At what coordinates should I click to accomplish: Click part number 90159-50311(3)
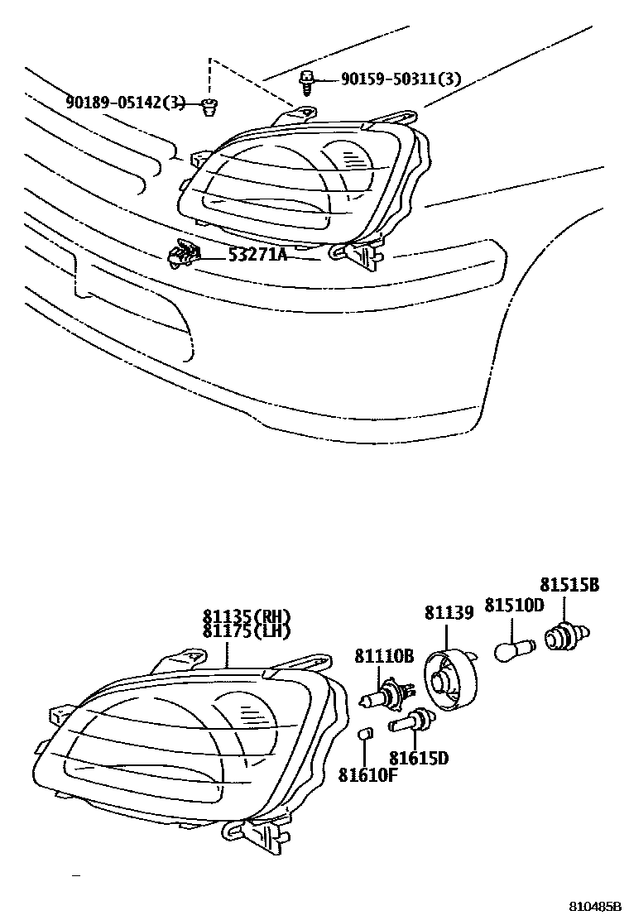(x=401, y=79)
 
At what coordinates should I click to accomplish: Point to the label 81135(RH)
(x=247, y=617)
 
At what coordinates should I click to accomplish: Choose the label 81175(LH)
(x=247, y=632)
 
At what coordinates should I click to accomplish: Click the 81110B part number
(x=384, y=657)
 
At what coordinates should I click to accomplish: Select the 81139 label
(x=449, y=613)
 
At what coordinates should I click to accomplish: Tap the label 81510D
(x=513, y=606)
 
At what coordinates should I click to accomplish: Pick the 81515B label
(x=570, y=585)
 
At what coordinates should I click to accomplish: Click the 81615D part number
(x=419, y=757)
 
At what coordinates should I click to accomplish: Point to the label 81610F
(x=367, y=774)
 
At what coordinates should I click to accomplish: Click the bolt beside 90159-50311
(x=306, y=79)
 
